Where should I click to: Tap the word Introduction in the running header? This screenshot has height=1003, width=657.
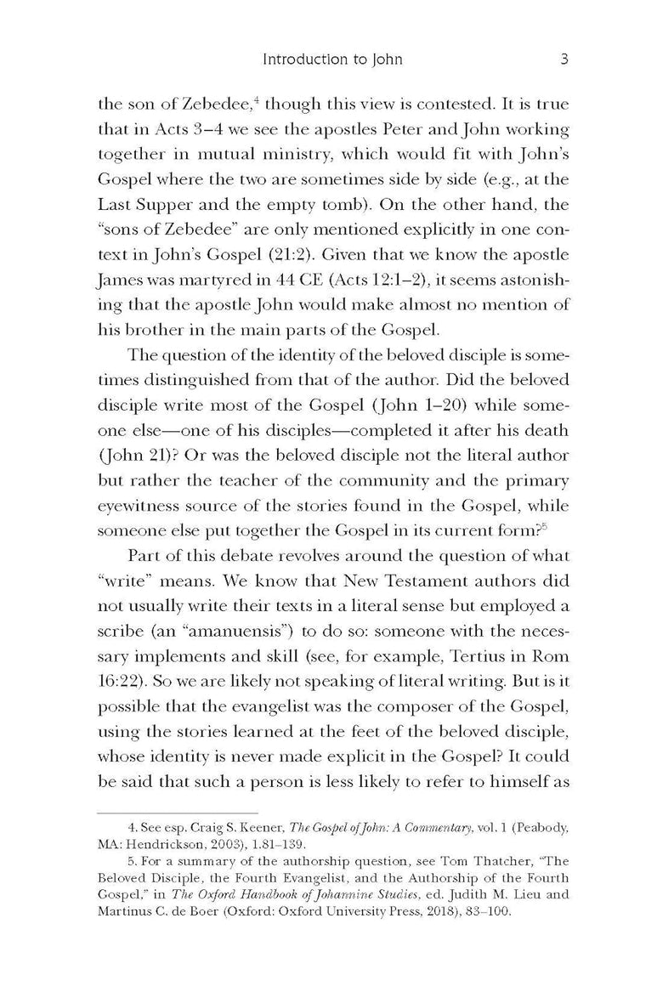point(299,60)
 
